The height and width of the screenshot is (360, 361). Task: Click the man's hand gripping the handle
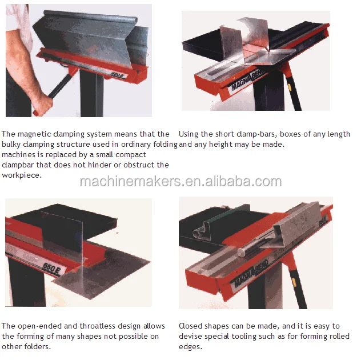43,105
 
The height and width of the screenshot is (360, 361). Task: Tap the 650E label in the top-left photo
118,75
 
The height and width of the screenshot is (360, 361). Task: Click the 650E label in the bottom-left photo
51,269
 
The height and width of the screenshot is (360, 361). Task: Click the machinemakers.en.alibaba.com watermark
181,182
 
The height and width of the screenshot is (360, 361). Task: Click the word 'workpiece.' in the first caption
22,175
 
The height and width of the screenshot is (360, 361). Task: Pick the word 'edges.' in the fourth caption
191,347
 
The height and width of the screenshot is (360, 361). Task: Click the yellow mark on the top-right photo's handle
289,87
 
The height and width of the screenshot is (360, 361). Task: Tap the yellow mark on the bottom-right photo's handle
294,282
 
